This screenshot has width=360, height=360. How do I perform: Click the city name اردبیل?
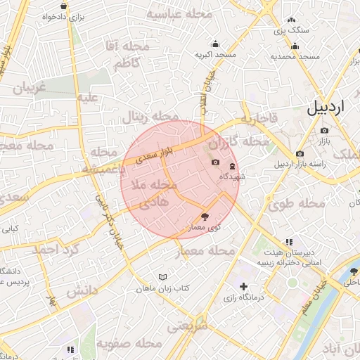[x=328, y=108]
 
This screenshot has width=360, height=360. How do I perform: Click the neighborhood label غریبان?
[x=27, y=87]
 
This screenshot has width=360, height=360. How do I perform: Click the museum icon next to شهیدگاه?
[x=233, y=166]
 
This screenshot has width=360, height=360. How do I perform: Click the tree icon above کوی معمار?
[x=205, y=217]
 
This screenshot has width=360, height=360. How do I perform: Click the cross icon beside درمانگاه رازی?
[x=243, y=286]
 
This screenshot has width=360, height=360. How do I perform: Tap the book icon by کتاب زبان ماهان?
[x=163, y=278]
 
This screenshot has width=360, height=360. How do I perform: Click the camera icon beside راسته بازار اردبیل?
[x=300, y=153]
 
